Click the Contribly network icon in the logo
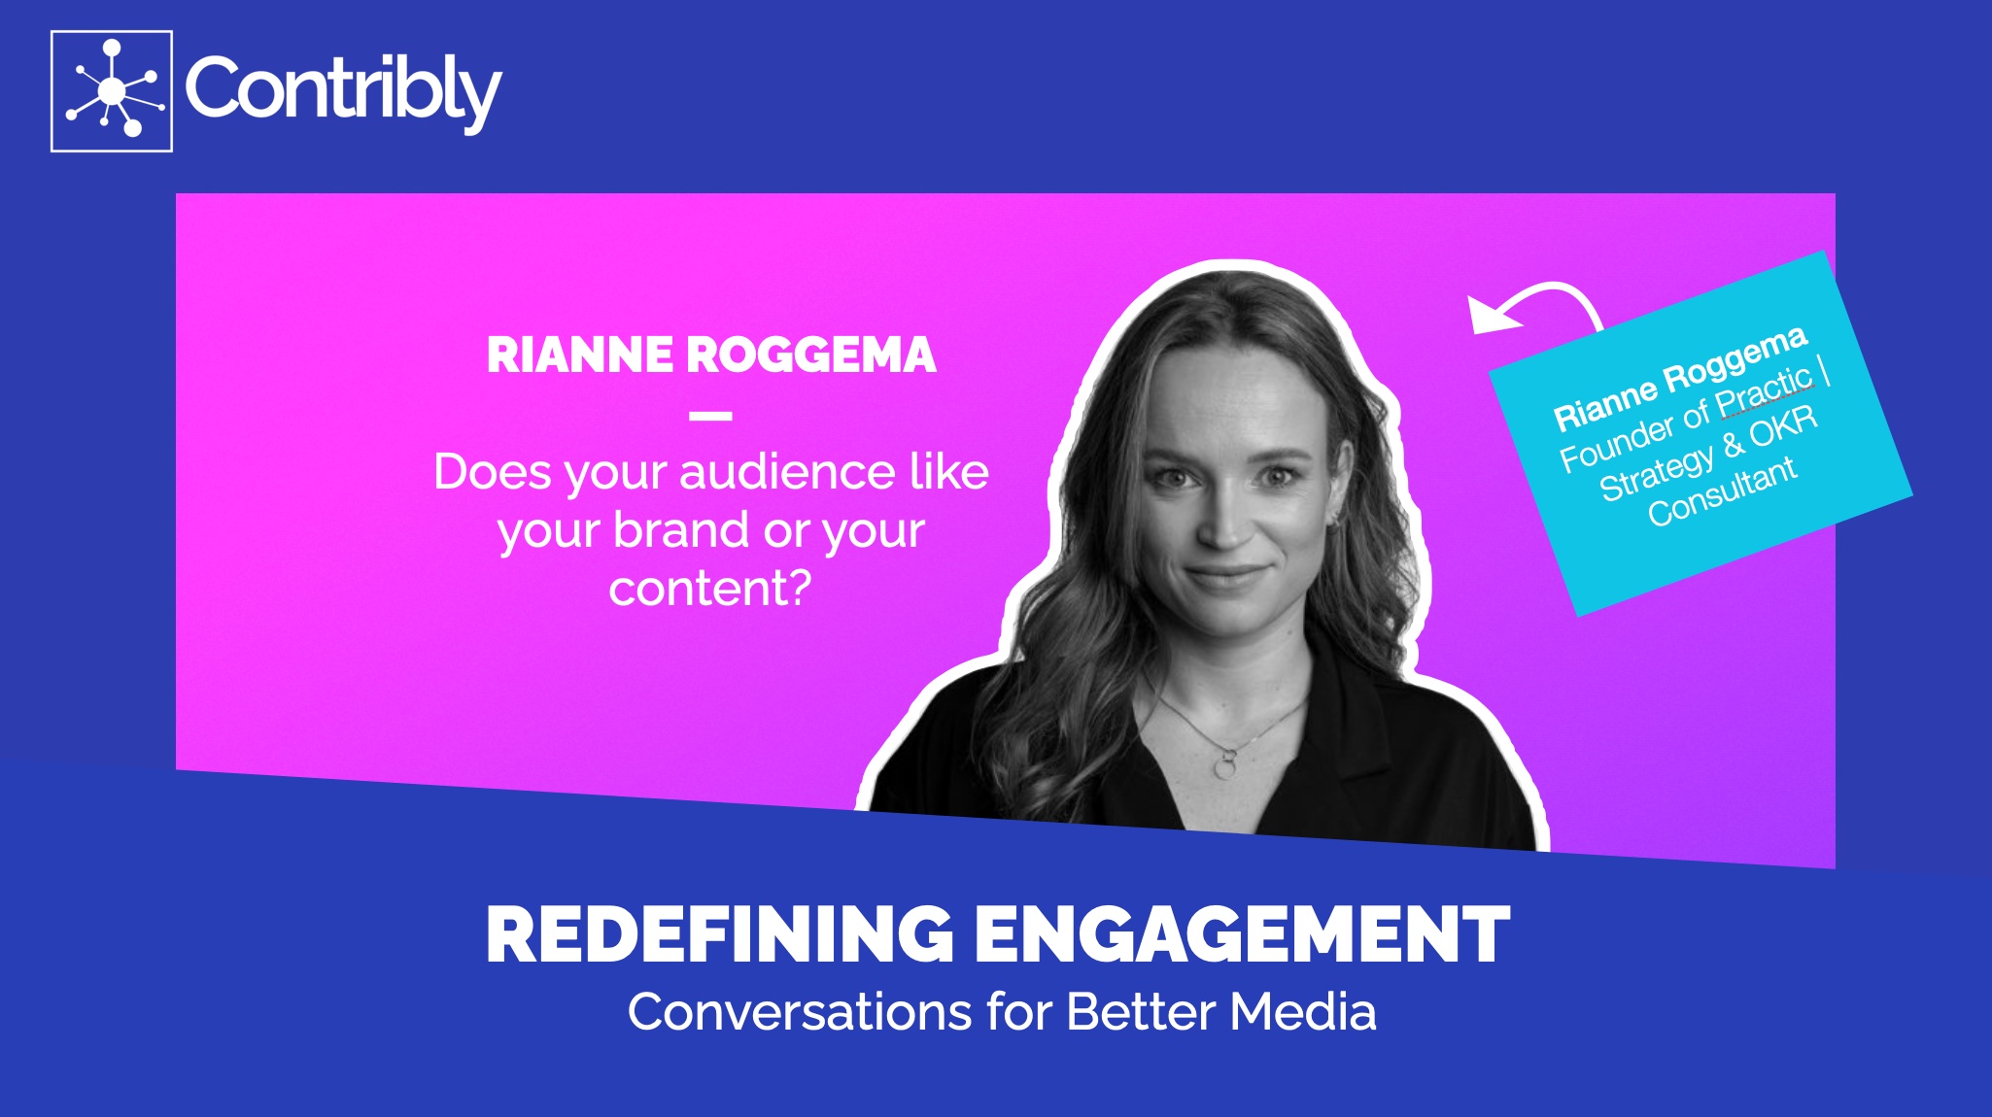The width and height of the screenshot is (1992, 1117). pos(112,91)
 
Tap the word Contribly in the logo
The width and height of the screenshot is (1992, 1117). pos(343,90)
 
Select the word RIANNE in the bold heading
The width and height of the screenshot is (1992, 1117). pos(579,355)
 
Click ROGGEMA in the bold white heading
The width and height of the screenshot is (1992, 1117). pos(811,355)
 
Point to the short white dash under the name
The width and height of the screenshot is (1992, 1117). pos(710,416)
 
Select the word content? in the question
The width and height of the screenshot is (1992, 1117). pos(710,589)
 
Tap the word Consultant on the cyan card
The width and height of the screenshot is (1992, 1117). pos(1722,491)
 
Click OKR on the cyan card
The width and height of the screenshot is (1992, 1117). pos(1784,427)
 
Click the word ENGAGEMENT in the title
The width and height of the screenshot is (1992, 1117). pos(1242,934)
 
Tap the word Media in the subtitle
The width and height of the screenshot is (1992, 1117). pos(1303,1012)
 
